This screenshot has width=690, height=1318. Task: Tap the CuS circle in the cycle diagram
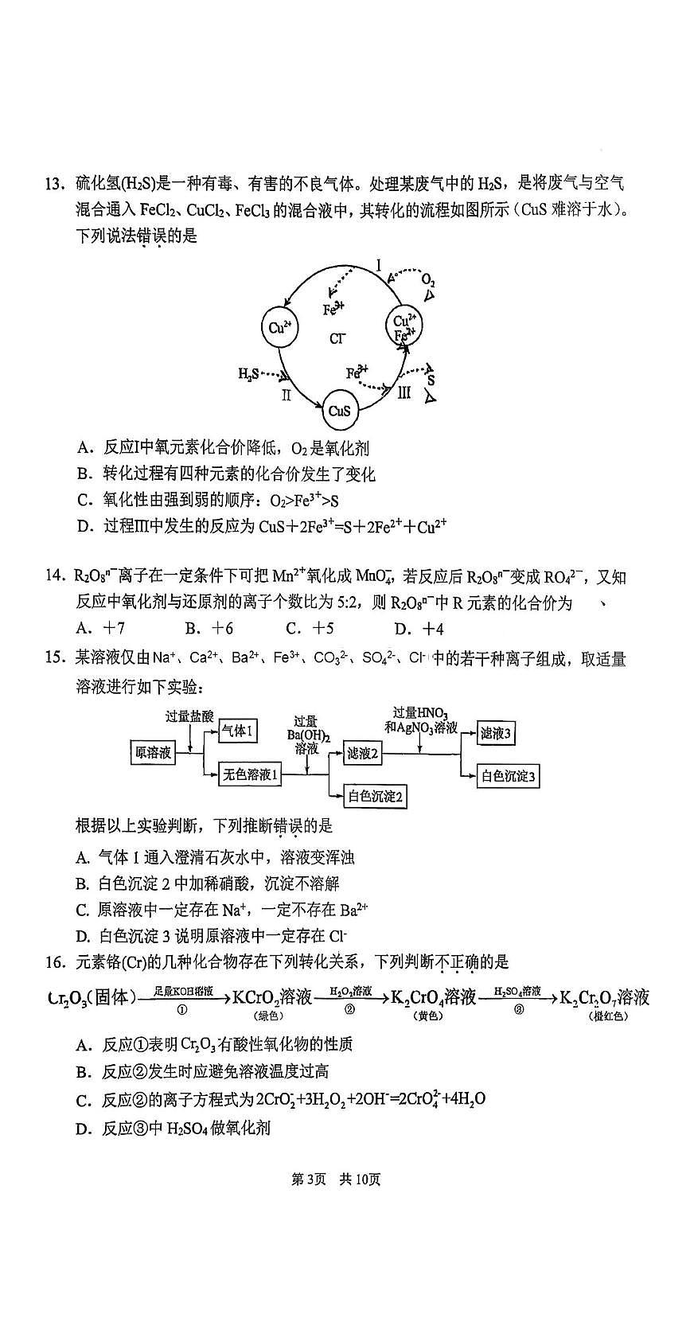point(340,411)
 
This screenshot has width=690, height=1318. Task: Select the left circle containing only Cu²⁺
point(279,326)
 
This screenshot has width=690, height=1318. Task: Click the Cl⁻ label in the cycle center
point(338,340)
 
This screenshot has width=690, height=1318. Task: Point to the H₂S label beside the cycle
point(248,373)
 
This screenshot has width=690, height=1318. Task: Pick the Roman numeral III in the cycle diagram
point(404,392)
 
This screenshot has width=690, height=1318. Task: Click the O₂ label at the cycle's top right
point(427,280)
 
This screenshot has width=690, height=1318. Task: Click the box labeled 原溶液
point(153,752)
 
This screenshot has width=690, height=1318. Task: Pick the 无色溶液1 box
point(251,774)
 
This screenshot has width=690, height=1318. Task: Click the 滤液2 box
point(362,753)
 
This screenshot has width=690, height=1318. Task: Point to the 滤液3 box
point(494,734)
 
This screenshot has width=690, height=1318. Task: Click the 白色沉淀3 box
point(508,776)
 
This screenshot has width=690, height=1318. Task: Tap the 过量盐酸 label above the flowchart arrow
point(189,716)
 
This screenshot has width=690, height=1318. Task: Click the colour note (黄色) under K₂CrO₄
point(428,1016)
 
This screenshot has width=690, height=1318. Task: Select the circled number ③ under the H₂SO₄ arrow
point(518,1009)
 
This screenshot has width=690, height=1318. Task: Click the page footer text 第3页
point(309,1179)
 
